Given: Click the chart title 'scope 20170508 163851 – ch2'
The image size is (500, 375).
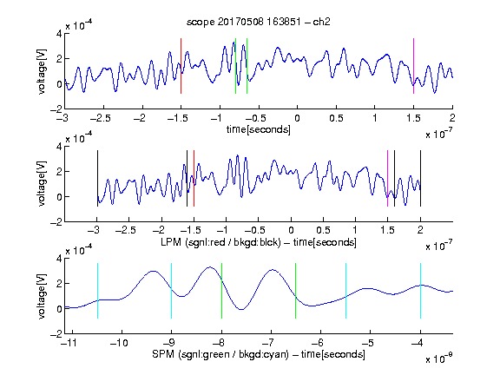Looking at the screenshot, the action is (x=258, y=22).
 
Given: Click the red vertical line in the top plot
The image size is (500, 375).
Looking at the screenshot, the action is (x=181, y=66).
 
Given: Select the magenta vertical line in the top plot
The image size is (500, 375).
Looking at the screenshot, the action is (x=413, y=66).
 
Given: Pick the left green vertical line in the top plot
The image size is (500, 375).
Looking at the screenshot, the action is (x=235, y=66).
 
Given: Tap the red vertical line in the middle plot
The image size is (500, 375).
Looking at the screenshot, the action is (x=194, y=179).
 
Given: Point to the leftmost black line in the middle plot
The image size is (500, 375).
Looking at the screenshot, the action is (x=97, y=179).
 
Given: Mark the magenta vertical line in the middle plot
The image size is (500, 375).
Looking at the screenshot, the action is (x=388, y=179).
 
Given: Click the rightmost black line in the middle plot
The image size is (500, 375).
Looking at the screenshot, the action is (x=421, y=179).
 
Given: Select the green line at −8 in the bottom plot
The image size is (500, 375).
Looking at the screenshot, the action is (x=221, y=291).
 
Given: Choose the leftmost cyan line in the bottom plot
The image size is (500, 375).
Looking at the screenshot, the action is (x=97, y=291).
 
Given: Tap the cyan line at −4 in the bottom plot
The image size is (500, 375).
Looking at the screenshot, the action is (x=421, y=291).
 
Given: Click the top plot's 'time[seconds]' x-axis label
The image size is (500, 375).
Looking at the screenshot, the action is (x=259, y=129).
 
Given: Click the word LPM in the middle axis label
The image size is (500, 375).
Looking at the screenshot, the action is (x=171, y=242).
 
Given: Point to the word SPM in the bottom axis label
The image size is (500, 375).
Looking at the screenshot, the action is (x=162, y=354).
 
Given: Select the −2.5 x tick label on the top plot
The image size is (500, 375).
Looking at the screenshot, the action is (x=101, y=118).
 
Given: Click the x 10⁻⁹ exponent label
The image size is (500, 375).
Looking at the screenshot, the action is (x=439, y=358).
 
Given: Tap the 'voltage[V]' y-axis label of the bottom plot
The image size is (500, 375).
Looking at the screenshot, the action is (x=42, y=296).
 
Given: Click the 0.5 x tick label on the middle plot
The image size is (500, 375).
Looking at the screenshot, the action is (x=323, y=230).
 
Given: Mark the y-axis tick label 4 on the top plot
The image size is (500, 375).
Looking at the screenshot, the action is (x=59, y=34).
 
